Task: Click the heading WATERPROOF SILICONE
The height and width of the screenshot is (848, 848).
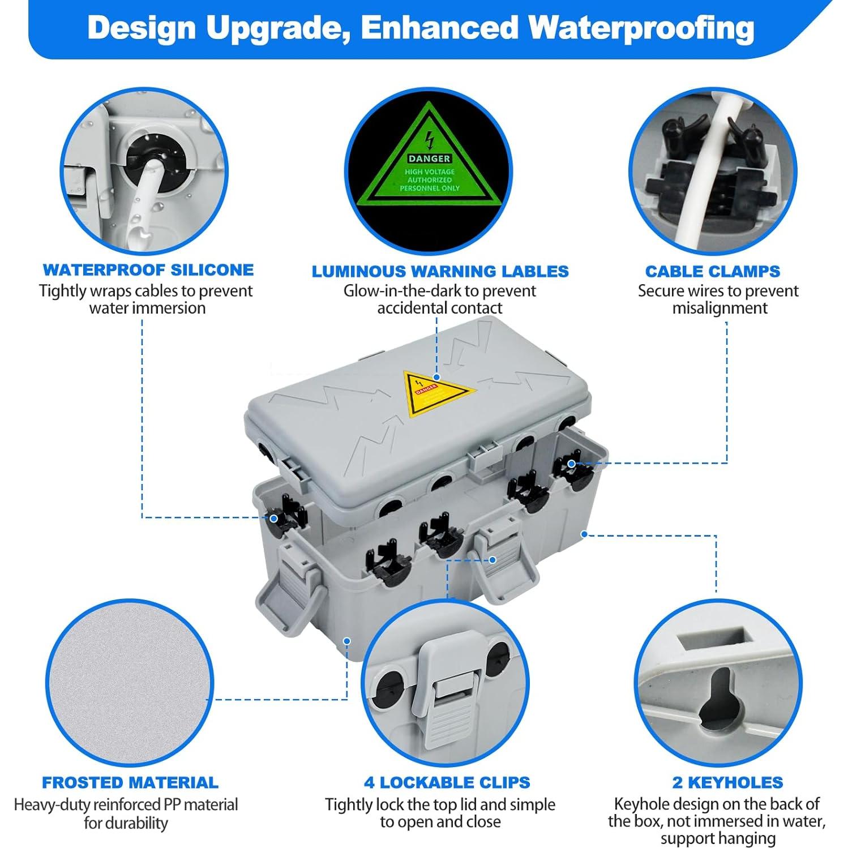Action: tap(148, 270)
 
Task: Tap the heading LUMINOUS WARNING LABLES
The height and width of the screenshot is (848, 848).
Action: tap(440, 272)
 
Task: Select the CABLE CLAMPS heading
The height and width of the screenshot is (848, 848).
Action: tap(713, 272)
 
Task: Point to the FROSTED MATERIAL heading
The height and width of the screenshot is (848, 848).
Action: tap(130, 782)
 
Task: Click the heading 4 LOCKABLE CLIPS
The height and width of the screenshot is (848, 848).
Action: tap(447, 782)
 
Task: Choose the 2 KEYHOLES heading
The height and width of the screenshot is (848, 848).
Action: tap(728, 782)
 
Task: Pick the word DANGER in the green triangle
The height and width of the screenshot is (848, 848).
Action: tap(429, 159)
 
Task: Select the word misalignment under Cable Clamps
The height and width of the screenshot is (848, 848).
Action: tap(719, 309)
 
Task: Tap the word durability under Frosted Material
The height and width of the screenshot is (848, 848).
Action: tap(126, 823)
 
